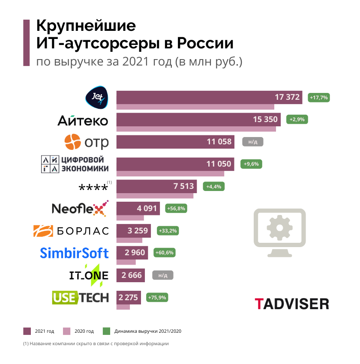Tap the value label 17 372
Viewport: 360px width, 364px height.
coord(287,97)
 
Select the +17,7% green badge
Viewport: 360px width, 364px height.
coord(318,98)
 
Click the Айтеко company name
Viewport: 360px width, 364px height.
coord(83,120)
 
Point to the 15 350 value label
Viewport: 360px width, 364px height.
coord(265,119)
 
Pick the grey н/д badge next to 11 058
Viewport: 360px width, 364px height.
coord(252,141)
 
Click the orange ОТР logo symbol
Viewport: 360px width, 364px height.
coord(72,142)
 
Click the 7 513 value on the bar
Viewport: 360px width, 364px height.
coord(184,186)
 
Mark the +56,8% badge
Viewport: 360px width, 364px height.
coord(176,209)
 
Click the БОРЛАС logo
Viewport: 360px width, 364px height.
coord(71,231)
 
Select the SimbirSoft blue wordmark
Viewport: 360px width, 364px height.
coord(74,253)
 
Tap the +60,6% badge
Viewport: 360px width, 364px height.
coord(163,253)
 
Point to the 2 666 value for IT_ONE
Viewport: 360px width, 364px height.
coord(132,275)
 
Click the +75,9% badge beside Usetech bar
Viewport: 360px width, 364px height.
coord(157,297)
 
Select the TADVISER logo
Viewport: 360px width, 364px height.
coord(292,304)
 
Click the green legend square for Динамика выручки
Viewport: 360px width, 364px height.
coord(107,331)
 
